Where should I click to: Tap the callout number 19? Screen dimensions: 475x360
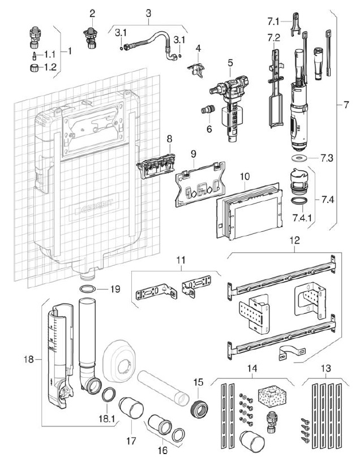(x=115, y=289)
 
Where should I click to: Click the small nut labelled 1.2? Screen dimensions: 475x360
(x=34, y=67)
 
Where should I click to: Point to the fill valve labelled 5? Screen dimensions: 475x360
(x=229, y=107)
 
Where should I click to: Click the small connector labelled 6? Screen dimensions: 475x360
(x=207, y=110)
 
